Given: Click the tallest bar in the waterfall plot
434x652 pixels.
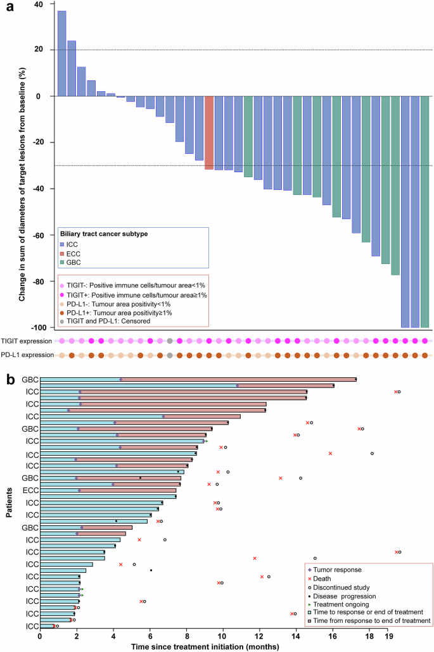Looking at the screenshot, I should coord(61,53).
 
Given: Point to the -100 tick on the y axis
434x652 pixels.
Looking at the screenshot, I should coord(42,327).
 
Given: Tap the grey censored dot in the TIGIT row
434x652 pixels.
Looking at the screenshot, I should coord(170,341).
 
